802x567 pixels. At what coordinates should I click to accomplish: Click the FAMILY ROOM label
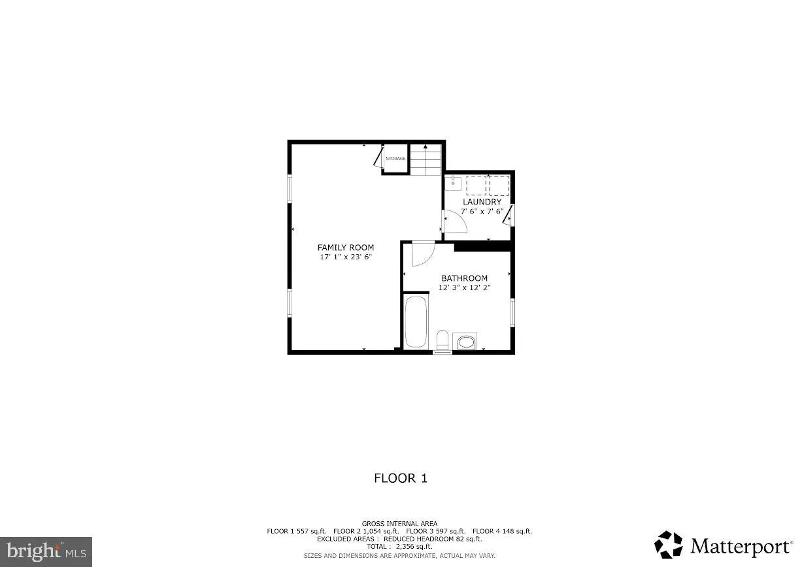[346, 247]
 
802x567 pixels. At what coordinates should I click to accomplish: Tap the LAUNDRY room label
[482, 202]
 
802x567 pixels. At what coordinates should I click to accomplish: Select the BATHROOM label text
[464, 278]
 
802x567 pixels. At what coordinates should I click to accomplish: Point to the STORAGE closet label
[395, 159]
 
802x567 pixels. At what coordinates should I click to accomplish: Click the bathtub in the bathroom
[416, 322]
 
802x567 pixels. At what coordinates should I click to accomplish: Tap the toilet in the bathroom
[443, 340]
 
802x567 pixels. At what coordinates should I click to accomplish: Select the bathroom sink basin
[466, 342]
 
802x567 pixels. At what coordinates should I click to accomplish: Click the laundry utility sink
[453, 182]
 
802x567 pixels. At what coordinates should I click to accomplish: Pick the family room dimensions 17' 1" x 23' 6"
[346, 257]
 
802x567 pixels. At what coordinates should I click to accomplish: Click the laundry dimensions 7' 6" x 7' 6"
[482, 212]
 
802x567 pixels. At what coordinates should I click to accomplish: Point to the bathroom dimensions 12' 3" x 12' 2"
[464, 287]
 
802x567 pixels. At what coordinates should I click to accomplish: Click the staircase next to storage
[426, 159]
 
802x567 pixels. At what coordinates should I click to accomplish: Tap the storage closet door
[378, 157]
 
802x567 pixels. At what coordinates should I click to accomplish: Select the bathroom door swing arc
[428, 259]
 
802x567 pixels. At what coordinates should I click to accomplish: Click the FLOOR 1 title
[401, 478]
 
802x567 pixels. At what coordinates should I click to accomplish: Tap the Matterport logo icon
[669, 545]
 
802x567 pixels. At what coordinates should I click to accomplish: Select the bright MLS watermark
[46, 551]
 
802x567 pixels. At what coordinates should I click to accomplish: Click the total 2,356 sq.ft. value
[414, 546]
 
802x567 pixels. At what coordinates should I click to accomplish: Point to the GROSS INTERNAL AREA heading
[399, 524]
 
